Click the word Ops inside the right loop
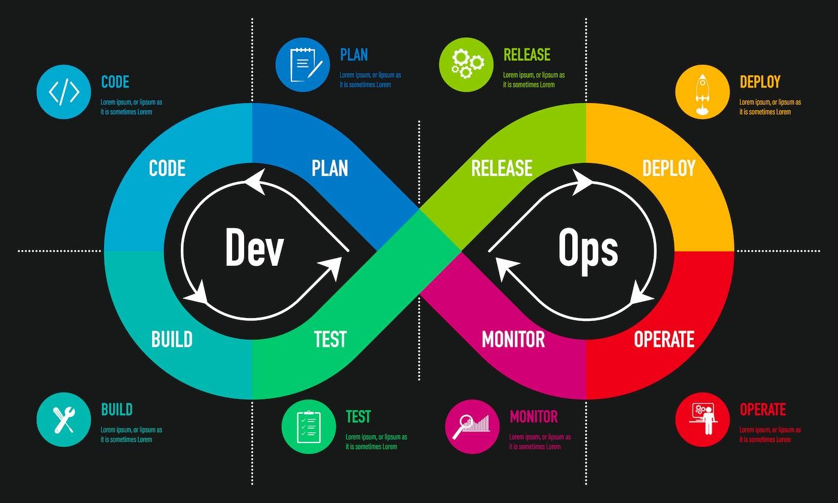[x=588, y=249]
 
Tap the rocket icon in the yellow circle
[x=702, y=92]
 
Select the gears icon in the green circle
[x=466, y=65]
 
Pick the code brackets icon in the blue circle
[x=63, y=92]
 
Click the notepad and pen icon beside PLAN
[x=303, y=65]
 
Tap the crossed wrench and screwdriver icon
[x=63, y=419]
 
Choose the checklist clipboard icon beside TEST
[x=309, y=426]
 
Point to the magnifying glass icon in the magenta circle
[x=472, y=426]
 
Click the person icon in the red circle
[x=702, y=419]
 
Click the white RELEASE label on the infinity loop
[x=502, y=168]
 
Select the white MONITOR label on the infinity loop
[x=513, y=340]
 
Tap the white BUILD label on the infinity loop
[x=172, y=340]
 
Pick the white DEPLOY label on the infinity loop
[x=669, y=168]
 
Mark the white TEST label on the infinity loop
[x=330, y=340]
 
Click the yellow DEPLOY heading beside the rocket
[x=760, y=82]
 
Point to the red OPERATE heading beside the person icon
[x=763, y=410]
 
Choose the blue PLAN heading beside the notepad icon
[x=354, y=55]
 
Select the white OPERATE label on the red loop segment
[x=664, y=340]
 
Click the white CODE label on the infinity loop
[x=167, y=168]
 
